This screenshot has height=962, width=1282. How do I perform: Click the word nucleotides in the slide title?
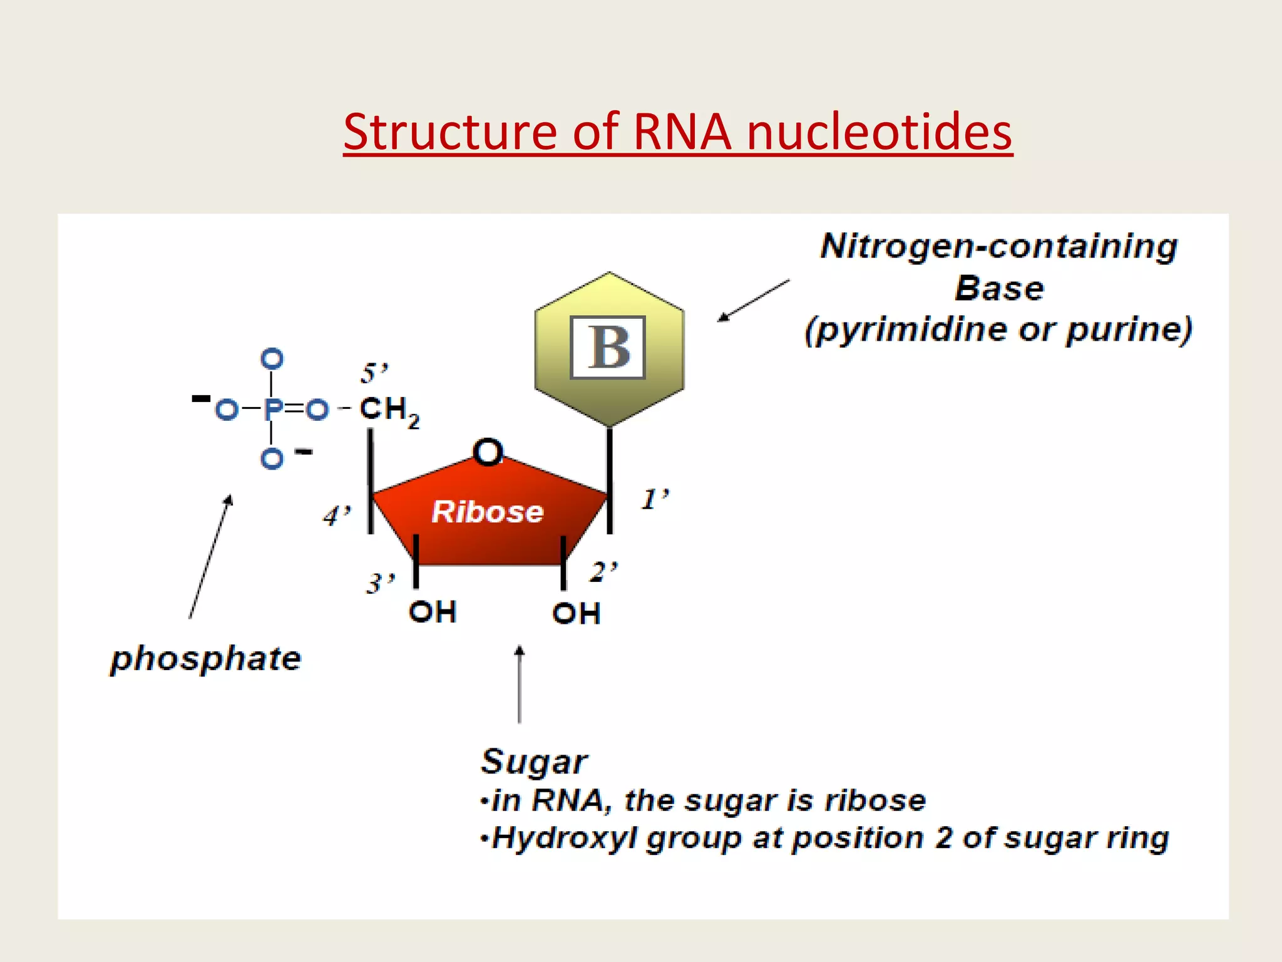click(x=879, y=133)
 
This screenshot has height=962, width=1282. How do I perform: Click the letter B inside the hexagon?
click(x=608, y=348)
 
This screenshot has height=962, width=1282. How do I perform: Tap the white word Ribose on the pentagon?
click(x=488, y=512)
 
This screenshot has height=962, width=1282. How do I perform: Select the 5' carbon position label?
click(x=374, y=373)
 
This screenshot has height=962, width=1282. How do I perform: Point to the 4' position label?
click(x=337, y=516)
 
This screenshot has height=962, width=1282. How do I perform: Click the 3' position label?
click(x=380, y=583)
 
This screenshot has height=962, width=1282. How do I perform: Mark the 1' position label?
click(x=655, y=499)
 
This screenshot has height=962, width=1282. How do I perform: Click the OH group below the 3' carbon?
click(x=432, y=612)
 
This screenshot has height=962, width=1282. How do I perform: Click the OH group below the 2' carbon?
click(x=576, y=613)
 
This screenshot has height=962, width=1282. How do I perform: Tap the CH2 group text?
click(x=389, y=410)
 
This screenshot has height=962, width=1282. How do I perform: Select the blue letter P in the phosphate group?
click(x=273, y=410)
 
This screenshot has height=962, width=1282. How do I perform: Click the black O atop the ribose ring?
click(x=488, y=451)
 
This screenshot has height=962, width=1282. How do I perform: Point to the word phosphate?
click(x=206, y=659)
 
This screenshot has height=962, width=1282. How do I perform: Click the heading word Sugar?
click(x=533, y=762)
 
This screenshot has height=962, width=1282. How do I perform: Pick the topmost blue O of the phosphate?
click(x=272, y=359)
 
